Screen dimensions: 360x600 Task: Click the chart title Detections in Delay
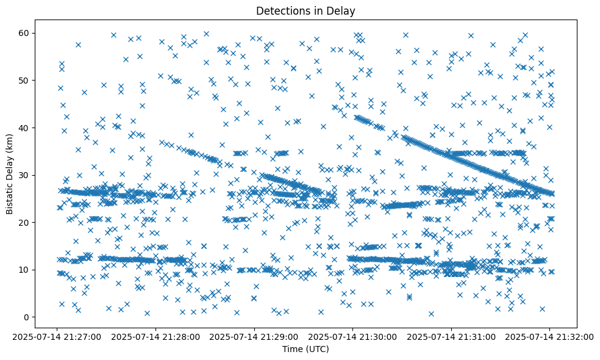click(305, 10)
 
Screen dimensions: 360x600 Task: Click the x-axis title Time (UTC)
click(305, 349)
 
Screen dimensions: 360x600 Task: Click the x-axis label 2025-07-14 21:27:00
click(57, 336)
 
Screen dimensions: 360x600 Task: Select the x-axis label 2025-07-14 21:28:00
click(155, 336)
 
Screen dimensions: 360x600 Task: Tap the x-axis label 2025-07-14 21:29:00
click(254, 336)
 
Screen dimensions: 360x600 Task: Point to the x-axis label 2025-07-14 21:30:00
click(352, 336)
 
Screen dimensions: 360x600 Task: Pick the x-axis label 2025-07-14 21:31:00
click(451, 336)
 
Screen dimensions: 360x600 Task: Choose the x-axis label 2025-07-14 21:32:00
click(549, 336)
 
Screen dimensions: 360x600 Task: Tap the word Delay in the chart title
click(343, 10)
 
